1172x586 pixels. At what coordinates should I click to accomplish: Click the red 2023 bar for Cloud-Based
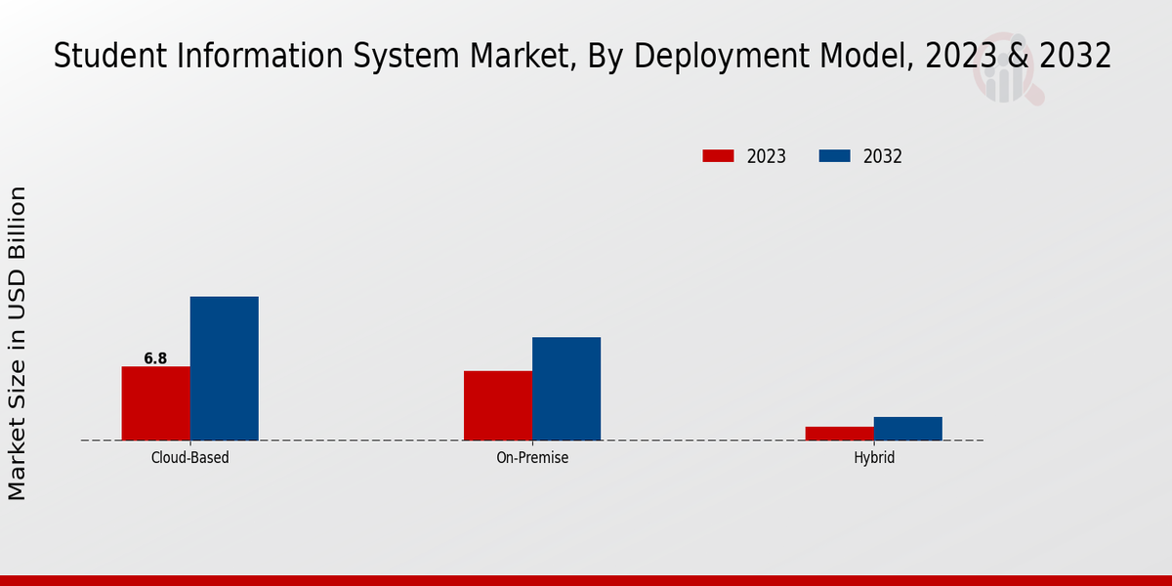coord(156,403)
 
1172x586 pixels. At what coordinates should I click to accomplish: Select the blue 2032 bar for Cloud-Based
coord(225,368)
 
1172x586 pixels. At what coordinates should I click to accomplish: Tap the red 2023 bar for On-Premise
coord(498,405)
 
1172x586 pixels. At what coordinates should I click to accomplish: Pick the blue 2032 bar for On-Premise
coord(566,389)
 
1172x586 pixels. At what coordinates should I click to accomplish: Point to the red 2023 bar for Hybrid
coord(840,434)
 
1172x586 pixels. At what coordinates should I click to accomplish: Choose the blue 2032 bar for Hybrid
coord(908,429)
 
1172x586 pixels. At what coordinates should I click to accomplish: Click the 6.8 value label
coord(155,358)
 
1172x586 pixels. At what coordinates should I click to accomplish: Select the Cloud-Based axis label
coord(190,457)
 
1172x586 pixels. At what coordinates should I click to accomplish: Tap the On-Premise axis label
coord(532,457)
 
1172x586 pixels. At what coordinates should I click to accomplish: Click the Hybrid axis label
coord(874,457)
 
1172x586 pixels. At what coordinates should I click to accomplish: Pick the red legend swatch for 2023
coord(718,156)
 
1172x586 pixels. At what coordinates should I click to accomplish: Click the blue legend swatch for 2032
coord(834,156)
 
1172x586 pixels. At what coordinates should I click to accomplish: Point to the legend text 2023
coord(767,156)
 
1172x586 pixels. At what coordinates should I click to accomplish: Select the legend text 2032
coord(883,156)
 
